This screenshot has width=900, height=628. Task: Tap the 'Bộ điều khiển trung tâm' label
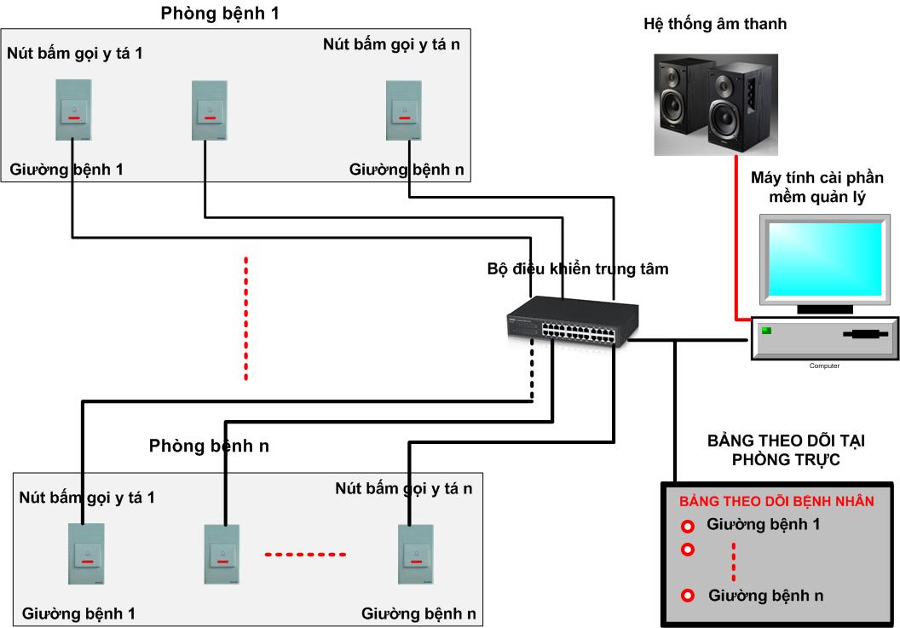click(x=577, y=269)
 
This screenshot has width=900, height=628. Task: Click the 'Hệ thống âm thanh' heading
click(x=714, y=25)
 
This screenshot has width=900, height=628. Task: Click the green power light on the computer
click(x=766, y=331)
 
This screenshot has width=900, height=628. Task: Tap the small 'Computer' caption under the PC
click(x=824, y=366)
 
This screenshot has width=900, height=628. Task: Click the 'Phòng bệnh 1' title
click(x=219, y=14)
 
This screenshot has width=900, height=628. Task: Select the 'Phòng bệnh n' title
click(x=209, y=446)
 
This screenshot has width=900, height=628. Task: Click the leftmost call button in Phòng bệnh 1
click(x=73, y=109)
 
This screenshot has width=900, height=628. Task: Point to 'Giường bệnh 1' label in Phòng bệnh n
click(x=78, y=613)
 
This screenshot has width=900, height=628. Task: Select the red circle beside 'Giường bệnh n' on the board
click(x=688, y=595)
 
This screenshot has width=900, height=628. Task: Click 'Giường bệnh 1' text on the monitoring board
click(x=764, y=524)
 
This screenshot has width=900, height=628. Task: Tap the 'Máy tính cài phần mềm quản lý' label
click(x=816, y=187)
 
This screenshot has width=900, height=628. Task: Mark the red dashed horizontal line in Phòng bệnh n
click(x=305, y=556)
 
